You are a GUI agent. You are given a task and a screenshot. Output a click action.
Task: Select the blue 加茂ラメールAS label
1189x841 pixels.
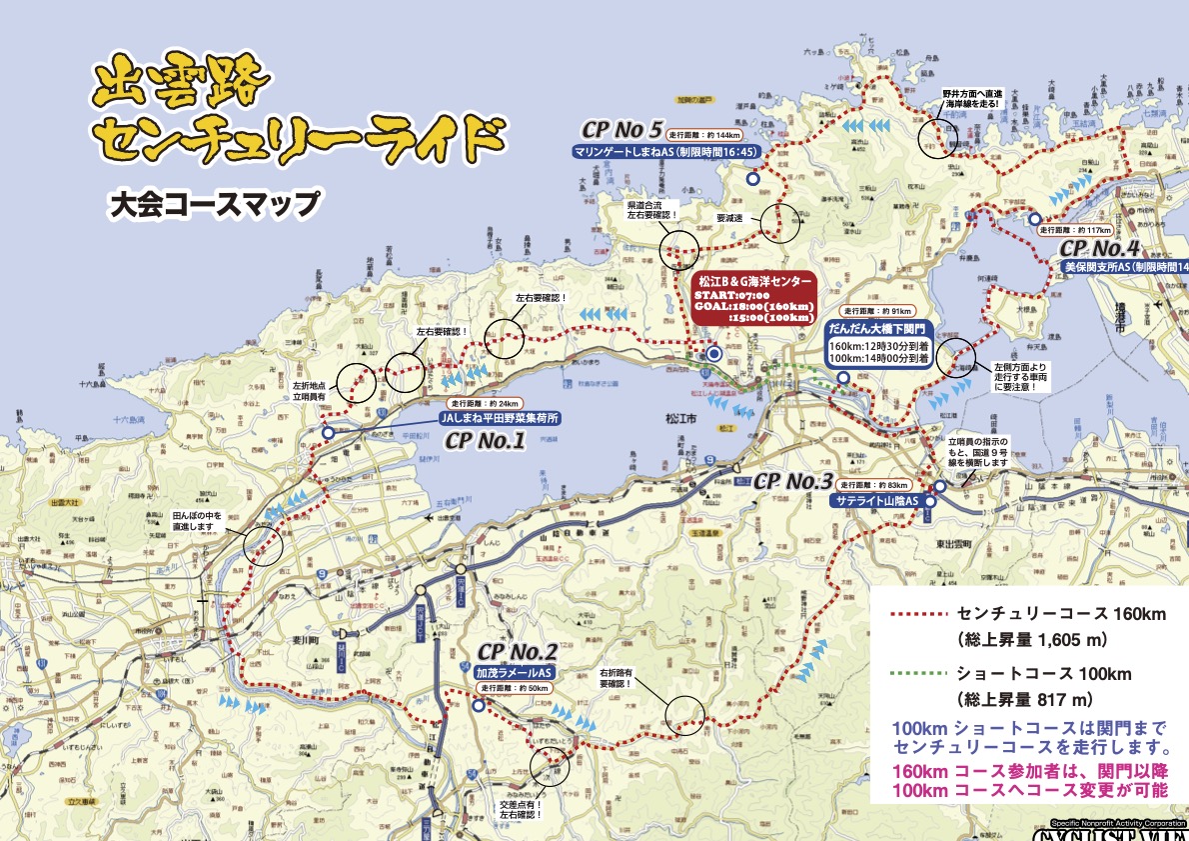point(514,673)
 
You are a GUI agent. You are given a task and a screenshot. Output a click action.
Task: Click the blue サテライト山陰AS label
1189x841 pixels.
point(875,501)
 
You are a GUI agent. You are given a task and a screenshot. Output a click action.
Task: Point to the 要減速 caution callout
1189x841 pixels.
point(733,214)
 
